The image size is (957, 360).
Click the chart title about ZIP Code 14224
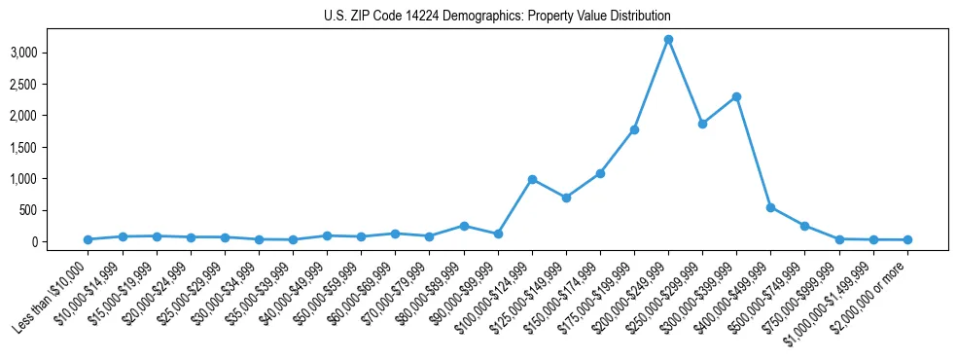coord(497,17)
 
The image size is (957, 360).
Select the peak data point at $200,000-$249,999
coord(668,40)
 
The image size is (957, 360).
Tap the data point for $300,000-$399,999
coord(736,96)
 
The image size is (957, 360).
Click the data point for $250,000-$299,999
coord(702,124)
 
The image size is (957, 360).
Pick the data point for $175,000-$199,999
coord(634,129)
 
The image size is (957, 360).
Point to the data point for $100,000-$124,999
coord(532,179)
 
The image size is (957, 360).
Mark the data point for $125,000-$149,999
coord(566,198)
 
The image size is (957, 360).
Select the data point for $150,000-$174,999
coord(600,173)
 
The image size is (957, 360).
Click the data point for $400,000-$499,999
coord(770,207)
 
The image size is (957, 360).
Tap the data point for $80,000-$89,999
coord(464,226)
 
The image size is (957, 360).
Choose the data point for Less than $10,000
coord(88,239)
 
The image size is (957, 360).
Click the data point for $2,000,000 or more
coord(907,239)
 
